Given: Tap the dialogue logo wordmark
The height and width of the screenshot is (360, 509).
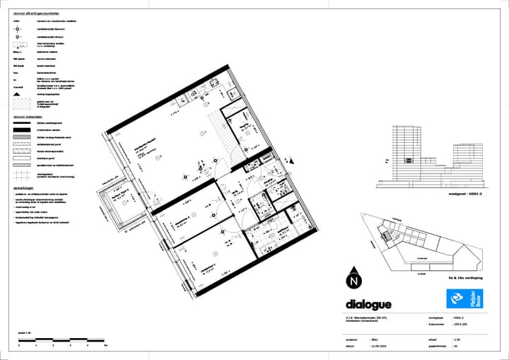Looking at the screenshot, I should (368, 304).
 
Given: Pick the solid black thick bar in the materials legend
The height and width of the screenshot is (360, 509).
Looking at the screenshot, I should (20, 130).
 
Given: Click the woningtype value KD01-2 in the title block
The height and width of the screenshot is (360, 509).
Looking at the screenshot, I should (460, 319).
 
